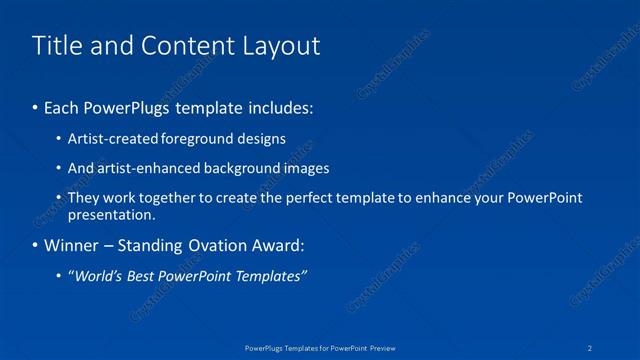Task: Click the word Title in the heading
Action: [56, 46]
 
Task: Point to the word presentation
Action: [110, 214]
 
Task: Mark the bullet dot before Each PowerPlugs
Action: [36, 106]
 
